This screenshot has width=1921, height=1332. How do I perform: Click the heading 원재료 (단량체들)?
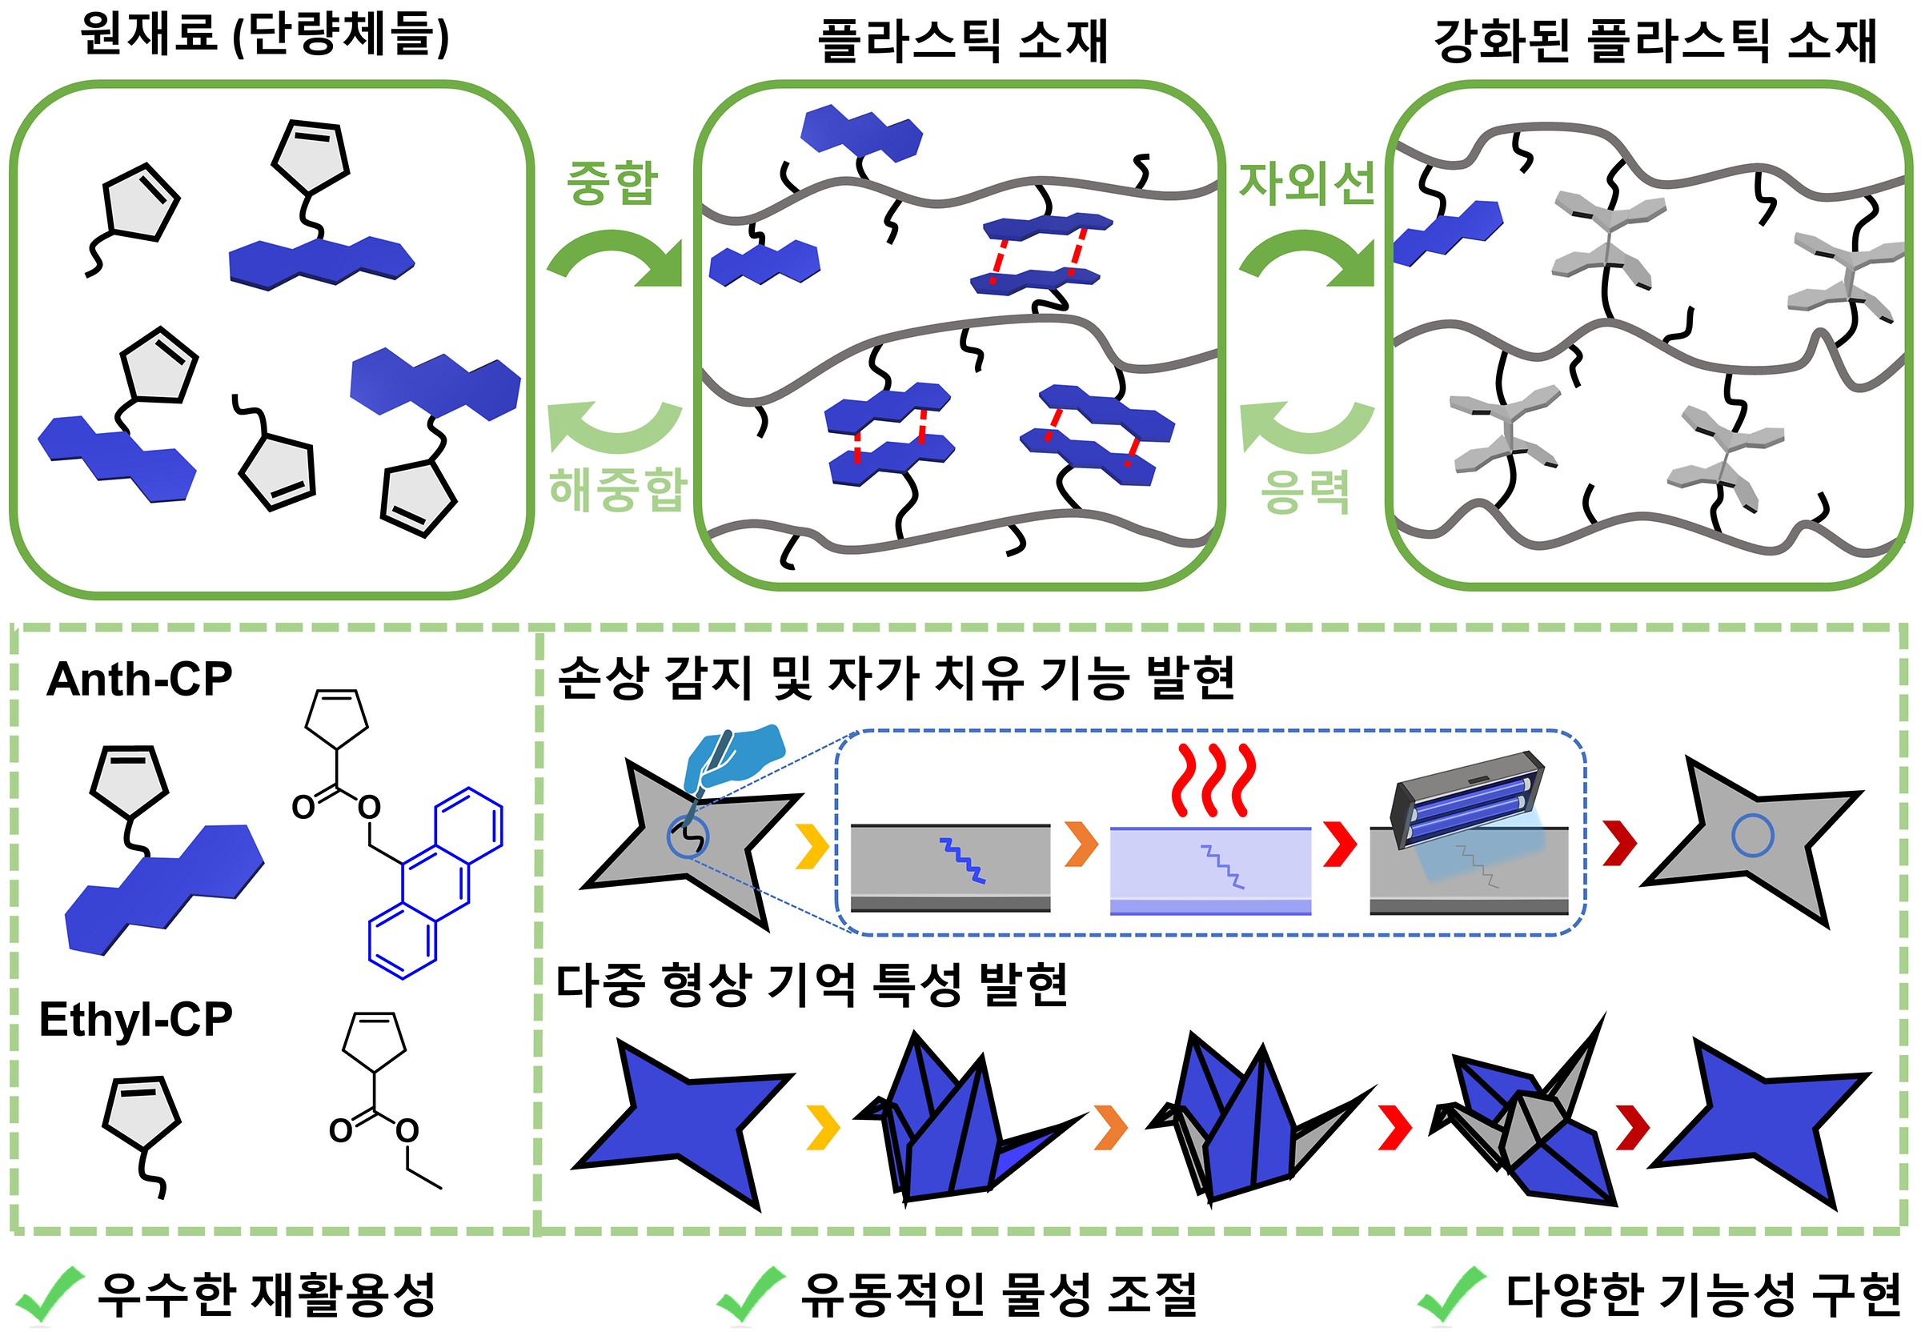pyautogui.click(x=264, y=36)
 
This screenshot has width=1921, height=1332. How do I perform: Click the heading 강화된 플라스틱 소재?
pyautogui.click(x=1654, y=41)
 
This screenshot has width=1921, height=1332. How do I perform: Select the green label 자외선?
pyautogui.click(x=1306, y=183)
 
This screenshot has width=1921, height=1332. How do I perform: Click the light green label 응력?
pyautogui.click(x=1305, y=491)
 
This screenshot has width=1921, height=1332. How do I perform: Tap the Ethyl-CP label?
pyautogui.click(x=136, y=1019)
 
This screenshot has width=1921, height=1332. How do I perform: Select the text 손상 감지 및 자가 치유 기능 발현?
pyautogui.click(x=895, y=677)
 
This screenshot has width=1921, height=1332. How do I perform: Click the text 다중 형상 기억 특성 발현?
pyautogui.click(x=811, y=985)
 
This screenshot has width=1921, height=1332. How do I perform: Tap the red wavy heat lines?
pyautogui.click(x=1213, y=780)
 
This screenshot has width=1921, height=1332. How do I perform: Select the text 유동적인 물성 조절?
pyautogui.click(x=998, y=1294)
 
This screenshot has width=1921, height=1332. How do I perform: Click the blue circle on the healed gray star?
pyautogui.click(x=1752, y=835)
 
